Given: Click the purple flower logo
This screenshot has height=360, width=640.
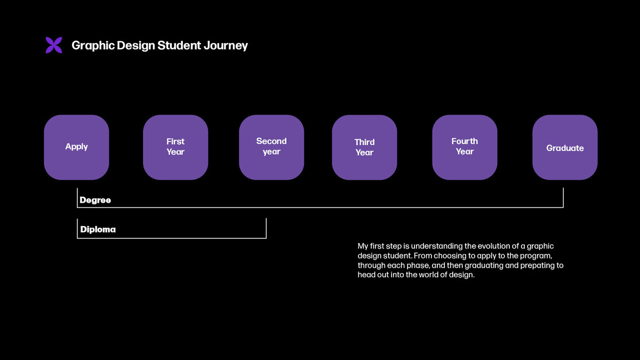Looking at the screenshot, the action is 54,45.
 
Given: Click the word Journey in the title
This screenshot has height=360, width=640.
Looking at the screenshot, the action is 226,46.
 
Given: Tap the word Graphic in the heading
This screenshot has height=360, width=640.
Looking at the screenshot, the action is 93,46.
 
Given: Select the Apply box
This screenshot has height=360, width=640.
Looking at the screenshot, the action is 77,147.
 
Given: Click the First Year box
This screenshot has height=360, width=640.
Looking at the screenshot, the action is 175,147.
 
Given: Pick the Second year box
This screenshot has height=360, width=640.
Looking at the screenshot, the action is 271,147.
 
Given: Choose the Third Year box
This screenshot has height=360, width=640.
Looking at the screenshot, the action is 365,147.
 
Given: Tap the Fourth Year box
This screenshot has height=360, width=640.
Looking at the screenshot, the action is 465,147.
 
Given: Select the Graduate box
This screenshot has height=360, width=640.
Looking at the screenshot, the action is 565,147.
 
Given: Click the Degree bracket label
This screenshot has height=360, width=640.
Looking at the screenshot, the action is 95,200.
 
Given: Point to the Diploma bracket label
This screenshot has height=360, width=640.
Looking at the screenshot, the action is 98,229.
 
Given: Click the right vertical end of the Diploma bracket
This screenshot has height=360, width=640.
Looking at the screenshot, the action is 266,228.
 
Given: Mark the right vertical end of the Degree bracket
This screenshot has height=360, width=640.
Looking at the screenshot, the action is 563,198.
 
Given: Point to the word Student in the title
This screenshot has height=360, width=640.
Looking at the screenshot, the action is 179,46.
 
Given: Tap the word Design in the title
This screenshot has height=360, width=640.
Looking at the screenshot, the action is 135,46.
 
